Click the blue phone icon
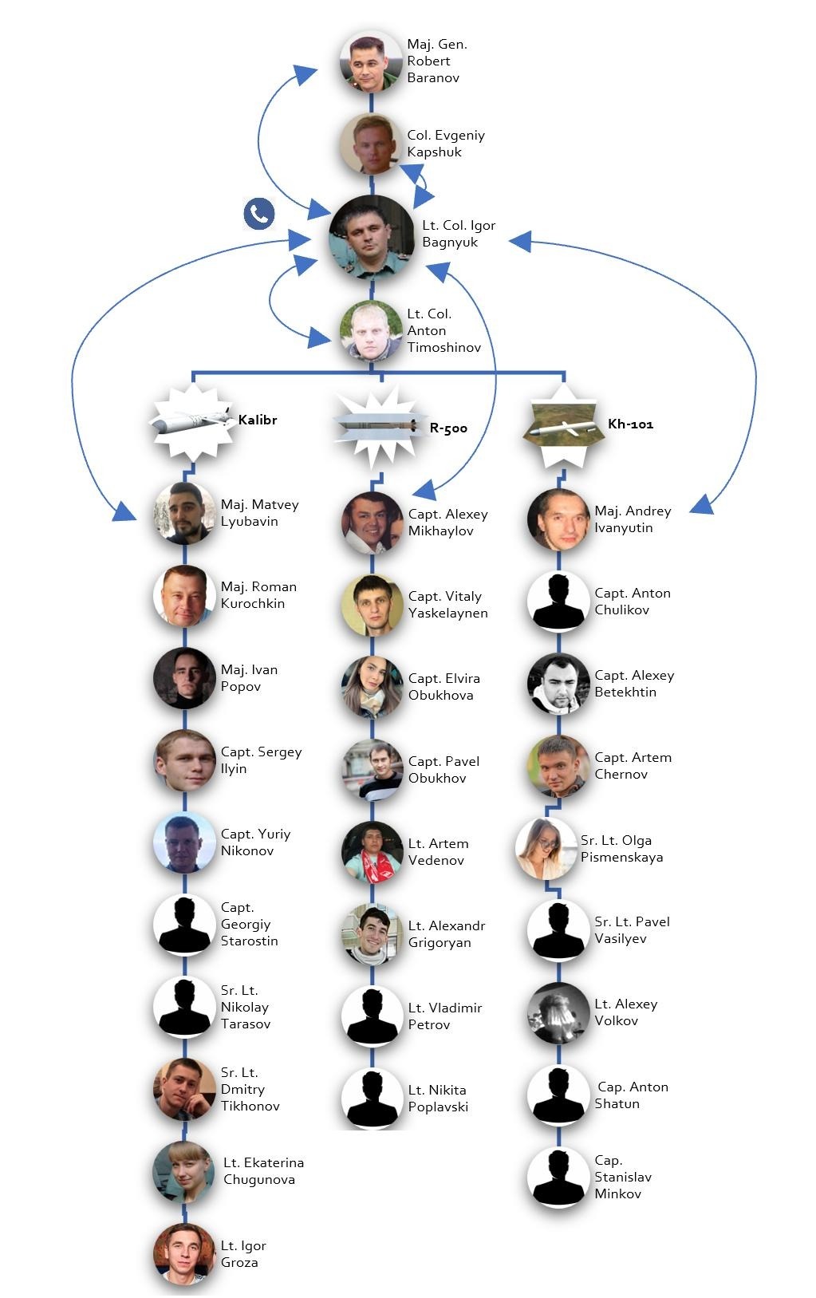tap(259, 214)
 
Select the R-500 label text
tap(448, 428)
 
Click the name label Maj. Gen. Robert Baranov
tap(436, 61)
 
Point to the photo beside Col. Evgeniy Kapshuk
tap(371, 144)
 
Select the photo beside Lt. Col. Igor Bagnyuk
tap(372, 236)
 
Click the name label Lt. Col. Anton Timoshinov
tap(443, 331)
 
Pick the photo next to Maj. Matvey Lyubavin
tap(184, 513)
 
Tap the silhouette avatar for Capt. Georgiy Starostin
tap(184, 925)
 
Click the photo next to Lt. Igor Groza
tap(184, 1254)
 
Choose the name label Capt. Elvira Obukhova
tap(443, 687)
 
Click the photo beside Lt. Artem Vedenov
tap(372, 852)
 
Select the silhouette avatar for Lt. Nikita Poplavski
tap(372, 1099)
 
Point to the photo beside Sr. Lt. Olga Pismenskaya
tap(546, 848)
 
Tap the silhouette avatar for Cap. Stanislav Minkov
tap(558, 1178)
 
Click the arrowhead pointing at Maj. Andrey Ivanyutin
tap(700, 505)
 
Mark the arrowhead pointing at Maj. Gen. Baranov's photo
tap(306, 73)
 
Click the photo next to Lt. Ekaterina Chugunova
tap(184, 1171)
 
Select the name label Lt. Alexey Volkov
tap(625, 1012)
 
